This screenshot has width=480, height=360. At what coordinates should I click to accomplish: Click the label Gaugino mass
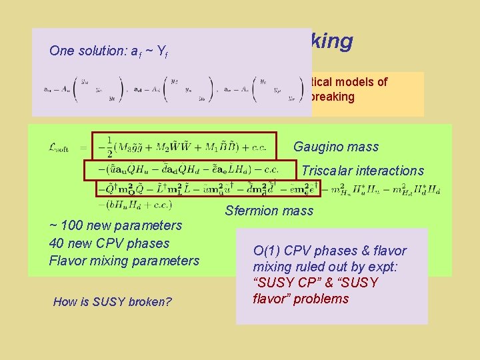335,147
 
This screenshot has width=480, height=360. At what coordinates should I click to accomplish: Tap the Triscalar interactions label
362,171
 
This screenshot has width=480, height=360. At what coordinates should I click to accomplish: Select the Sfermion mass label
269,211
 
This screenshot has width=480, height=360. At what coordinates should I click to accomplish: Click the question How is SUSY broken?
112,302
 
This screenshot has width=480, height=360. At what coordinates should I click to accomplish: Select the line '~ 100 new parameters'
115,225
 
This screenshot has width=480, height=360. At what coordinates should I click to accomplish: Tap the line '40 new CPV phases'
109,243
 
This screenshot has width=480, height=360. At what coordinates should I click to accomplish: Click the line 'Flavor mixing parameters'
124,261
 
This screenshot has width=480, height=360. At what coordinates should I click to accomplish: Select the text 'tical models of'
349,82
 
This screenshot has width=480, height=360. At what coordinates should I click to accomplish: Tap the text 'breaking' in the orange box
331,97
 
